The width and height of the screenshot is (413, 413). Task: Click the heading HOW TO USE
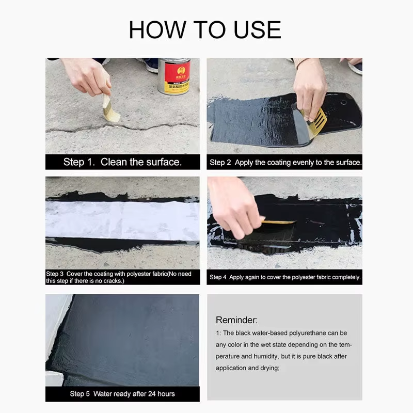click(x=205, y=29)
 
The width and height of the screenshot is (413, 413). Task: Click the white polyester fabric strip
click(x=122, y=219)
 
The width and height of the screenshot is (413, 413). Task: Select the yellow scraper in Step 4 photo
click(x=279, y=222)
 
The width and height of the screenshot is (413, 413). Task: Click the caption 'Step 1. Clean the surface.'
click(x=122, y=162)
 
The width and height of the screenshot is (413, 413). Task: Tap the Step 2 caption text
click(x=285, y=162)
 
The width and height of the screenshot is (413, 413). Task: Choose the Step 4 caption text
click(x=285, y=277)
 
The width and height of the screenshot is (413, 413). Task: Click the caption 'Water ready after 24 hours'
click(x=122, y=394)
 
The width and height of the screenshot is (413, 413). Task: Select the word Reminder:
click(x=236, y=320)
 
